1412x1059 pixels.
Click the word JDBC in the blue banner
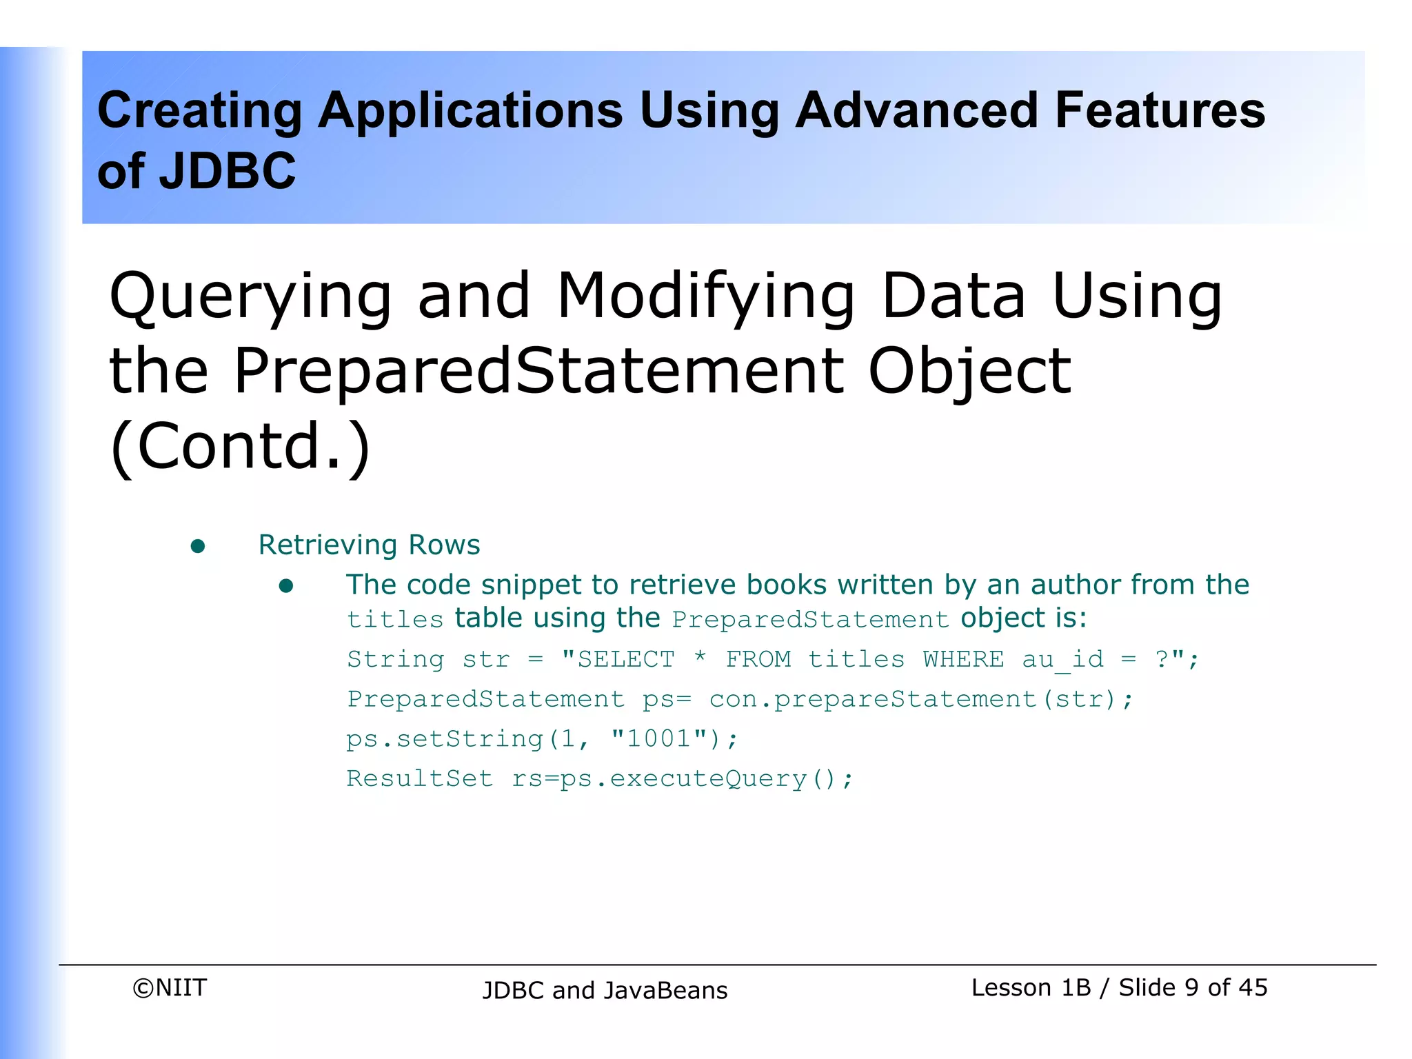(x=228, y=171)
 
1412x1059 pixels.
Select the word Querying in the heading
(x=250, y=298)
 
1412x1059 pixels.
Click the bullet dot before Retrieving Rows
(x=198, y=547)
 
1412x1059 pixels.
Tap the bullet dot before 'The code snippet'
(x=286, y=587)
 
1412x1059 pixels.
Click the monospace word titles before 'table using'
(x=395, y=619)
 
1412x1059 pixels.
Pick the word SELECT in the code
(x=625, y=659)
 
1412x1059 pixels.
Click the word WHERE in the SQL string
(x=963, y=659)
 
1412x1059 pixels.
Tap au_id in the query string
(x=1062, y=660)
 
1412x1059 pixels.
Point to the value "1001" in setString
(x=658, y=738)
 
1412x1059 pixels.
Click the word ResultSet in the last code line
(x=420, y=778)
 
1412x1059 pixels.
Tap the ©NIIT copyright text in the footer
(x=170, y=987)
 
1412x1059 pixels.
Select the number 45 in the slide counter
(x=1252, y=987)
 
